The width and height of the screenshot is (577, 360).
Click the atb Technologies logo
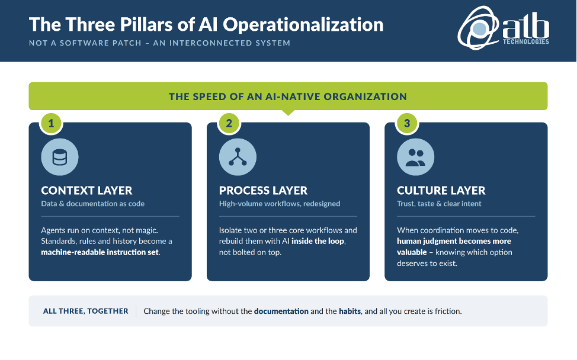504,28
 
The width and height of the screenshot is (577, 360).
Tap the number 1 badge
51,123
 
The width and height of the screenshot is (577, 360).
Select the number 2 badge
229,123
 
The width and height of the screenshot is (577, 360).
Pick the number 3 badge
407,123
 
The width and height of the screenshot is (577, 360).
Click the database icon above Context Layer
60,157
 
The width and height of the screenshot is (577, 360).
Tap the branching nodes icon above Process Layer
238,157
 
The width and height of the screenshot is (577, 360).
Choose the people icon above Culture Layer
415,157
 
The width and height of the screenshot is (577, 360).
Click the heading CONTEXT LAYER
86,191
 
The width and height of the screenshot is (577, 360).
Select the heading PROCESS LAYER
263,191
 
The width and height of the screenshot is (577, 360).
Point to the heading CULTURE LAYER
441,191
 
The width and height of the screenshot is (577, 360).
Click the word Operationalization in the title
303,25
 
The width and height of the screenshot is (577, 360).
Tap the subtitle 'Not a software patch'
85,43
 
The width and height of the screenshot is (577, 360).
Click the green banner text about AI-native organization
288,97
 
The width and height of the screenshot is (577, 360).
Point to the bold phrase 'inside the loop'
318,241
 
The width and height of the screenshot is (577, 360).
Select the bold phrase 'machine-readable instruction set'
100,252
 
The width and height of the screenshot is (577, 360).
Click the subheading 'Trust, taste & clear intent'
439,204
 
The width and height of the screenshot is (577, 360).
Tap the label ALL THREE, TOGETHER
86,311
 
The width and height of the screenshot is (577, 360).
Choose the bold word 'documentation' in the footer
281,311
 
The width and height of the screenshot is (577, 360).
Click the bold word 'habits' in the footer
350,311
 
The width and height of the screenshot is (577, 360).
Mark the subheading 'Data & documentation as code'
93,204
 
